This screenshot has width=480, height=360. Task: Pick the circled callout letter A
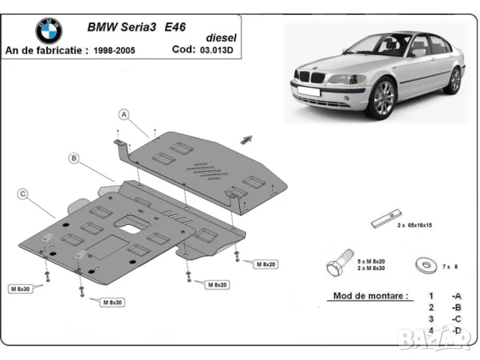coord(124,115)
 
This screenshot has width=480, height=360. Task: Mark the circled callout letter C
coord(23,194)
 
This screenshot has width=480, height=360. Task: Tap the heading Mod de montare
coord(370,295)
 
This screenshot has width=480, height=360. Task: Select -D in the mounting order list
coord(455,330)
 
